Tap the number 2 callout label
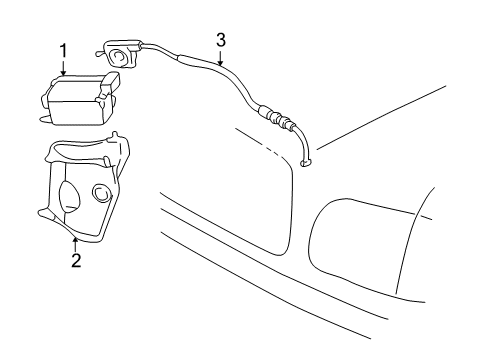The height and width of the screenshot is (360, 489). click(x=75, y=262)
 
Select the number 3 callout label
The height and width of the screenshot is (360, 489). click(x=221, y=39)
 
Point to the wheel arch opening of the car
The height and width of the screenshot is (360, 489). click(x=360, y=240)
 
